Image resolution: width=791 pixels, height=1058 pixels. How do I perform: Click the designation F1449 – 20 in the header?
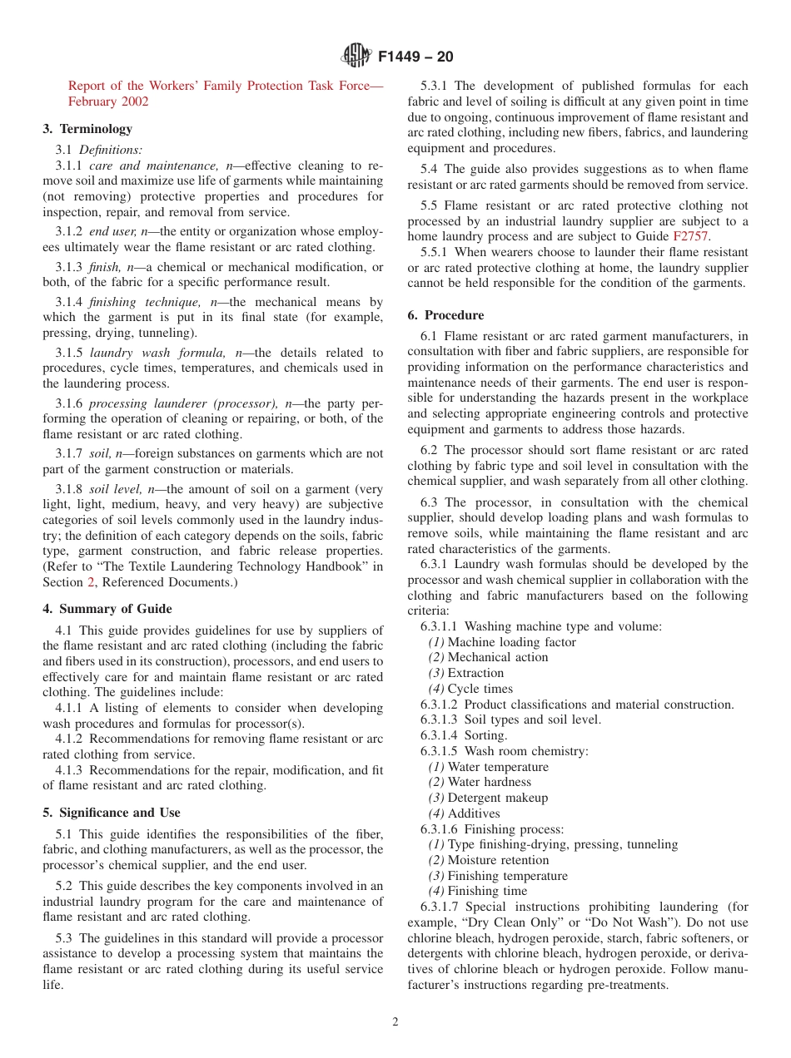(x=415, y=57)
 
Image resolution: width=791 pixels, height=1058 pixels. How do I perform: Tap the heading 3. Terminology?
(x=87, y=129)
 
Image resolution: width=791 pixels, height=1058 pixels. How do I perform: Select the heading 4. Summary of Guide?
(x=107, y=609)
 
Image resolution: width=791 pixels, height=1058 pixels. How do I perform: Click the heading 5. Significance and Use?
(x=112, y=813)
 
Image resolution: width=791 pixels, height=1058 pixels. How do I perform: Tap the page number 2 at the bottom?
(x=395, y=1022)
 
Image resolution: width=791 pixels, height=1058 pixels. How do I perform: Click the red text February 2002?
(x=108, y=101)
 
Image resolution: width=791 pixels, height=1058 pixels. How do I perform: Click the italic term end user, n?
(x=122, y=232)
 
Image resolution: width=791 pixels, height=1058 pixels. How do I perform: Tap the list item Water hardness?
(x=489, y=782)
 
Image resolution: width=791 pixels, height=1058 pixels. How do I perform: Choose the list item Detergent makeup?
(x=497, y=798)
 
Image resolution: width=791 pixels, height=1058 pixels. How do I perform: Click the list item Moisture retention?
(x=498, y=860)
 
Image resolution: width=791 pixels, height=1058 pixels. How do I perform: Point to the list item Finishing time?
(x=487, y=891)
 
